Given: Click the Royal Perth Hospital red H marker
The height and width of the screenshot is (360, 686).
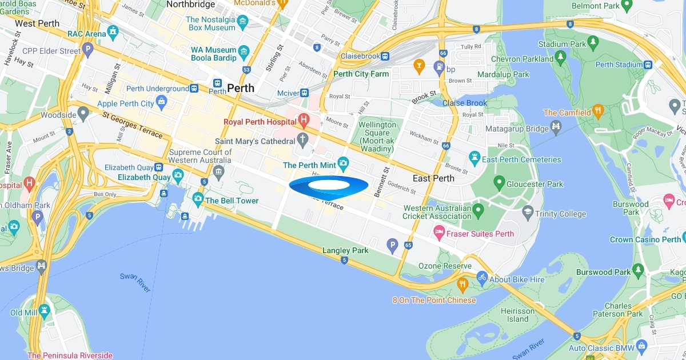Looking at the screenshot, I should tap(304, 121).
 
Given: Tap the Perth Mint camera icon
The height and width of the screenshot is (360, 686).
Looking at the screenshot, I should tap(344, 165).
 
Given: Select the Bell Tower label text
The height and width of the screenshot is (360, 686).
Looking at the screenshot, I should tap(232, 201).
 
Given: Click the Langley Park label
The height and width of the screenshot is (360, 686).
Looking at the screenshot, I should tap(345, 250).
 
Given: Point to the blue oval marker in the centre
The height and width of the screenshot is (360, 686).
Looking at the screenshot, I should tap(329, 187).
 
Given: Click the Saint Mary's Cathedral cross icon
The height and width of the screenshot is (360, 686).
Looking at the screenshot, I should tap(304, 141).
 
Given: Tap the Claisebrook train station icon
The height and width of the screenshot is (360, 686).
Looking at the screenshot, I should tap(385, 56).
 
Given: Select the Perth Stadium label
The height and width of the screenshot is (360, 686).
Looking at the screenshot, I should tap(619, 65).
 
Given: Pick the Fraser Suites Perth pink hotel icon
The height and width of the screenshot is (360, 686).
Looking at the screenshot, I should tap(439, 233).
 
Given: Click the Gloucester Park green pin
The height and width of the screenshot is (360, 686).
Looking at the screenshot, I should tap(499, 183).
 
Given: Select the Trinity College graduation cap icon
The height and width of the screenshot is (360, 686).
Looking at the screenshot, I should tap(528, 213).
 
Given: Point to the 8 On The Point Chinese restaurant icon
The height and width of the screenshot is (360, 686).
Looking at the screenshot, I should tap(462, 284).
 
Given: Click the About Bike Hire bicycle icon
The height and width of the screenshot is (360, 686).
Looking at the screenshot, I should tap(482, 278).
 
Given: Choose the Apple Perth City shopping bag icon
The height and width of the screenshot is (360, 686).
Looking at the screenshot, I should tap(162, 103).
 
